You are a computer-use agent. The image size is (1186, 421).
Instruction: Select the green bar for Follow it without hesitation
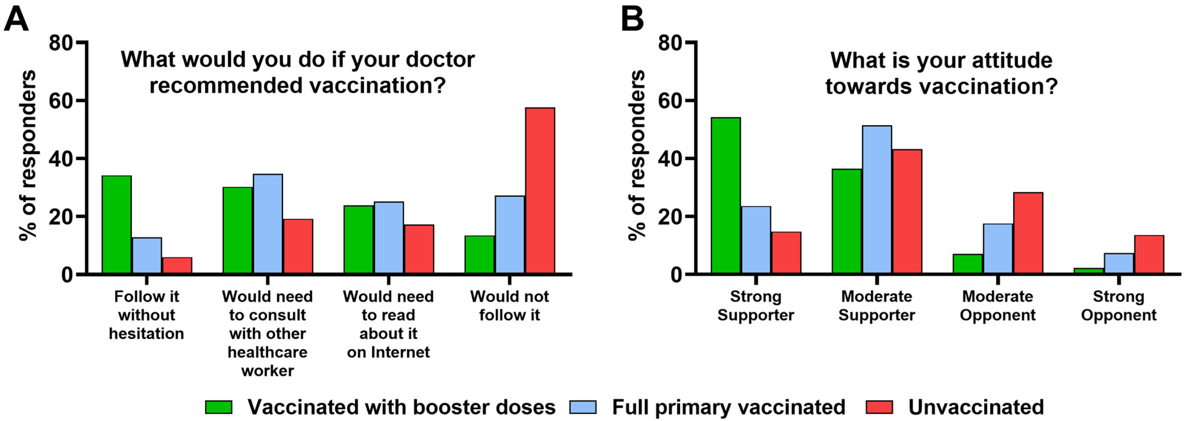pyautogui.click(x=116, y=225)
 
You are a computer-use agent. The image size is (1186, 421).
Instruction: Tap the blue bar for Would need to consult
pyautogui.click(x=268, y=223)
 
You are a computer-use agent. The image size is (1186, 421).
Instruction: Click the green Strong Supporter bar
pyautogui.click(x=725, y=195)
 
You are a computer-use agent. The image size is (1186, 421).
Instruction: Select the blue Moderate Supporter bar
pyautogui.click(x=877, y=199)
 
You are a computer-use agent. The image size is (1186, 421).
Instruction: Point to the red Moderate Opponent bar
pyautogui.click(x=1028, y=233)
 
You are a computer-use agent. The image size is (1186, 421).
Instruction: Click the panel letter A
pyautogui.click(x=16, y=19)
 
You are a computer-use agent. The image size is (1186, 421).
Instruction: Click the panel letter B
pyautogui.click(x=632, y=19)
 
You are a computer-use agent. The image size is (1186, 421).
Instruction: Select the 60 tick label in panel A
pyautogui.click(x=61, y=101)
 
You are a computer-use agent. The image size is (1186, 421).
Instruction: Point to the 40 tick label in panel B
pyautogui.click(x=670, y=159)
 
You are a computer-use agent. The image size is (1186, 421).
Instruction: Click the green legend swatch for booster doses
pyautogui.click(x=219, y=407)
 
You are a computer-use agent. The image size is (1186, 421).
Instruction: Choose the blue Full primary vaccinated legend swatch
pyautogui.click(x=583, y=407)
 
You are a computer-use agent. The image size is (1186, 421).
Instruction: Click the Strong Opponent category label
pyautogui.click(x=1119, y=306)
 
